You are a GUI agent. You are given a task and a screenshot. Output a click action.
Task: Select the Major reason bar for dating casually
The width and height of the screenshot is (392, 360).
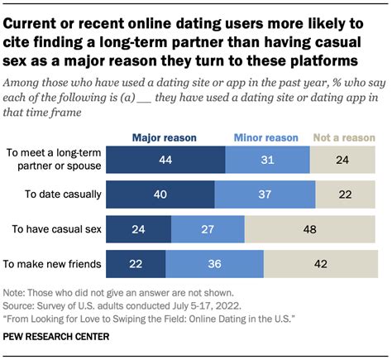point(160,195)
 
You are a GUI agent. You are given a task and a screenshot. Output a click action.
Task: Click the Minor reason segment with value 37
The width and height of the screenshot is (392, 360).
point(265,195)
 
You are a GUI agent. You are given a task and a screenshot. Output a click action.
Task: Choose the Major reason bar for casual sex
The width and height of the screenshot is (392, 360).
point(139,229)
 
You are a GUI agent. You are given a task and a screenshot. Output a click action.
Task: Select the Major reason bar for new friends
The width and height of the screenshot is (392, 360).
point(136,264)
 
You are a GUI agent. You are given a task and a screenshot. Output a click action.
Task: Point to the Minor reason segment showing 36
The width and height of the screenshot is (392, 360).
point(214,264)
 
